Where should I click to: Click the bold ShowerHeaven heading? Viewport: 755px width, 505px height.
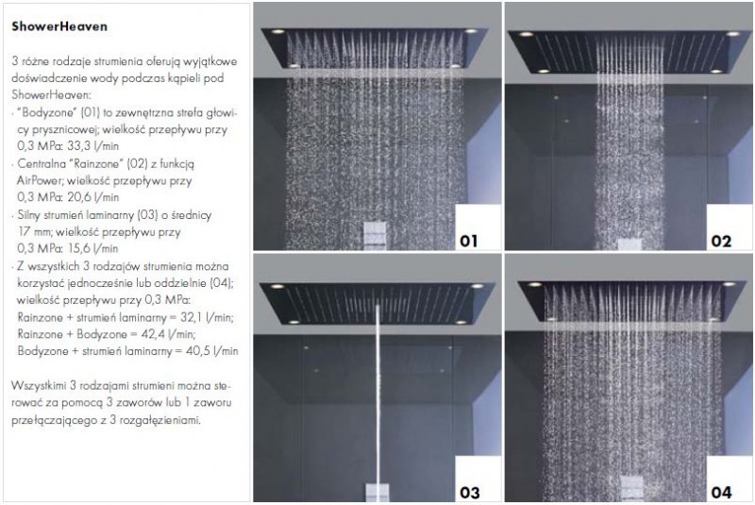tap(55, 28)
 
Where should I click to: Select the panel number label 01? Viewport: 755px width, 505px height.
tap(467, 241)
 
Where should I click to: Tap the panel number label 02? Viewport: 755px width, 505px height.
tap(720, 241)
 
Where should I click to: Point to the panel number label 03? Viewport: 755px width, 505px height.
tap(468, 491)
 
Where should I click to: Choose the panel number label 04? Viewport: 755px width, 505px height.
tap(720, 491)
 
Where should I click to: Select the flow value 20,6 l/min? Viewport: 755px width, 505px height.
tap(96, 196)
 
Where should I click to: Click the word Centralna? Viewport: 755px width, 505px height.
tap(42, 163)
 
